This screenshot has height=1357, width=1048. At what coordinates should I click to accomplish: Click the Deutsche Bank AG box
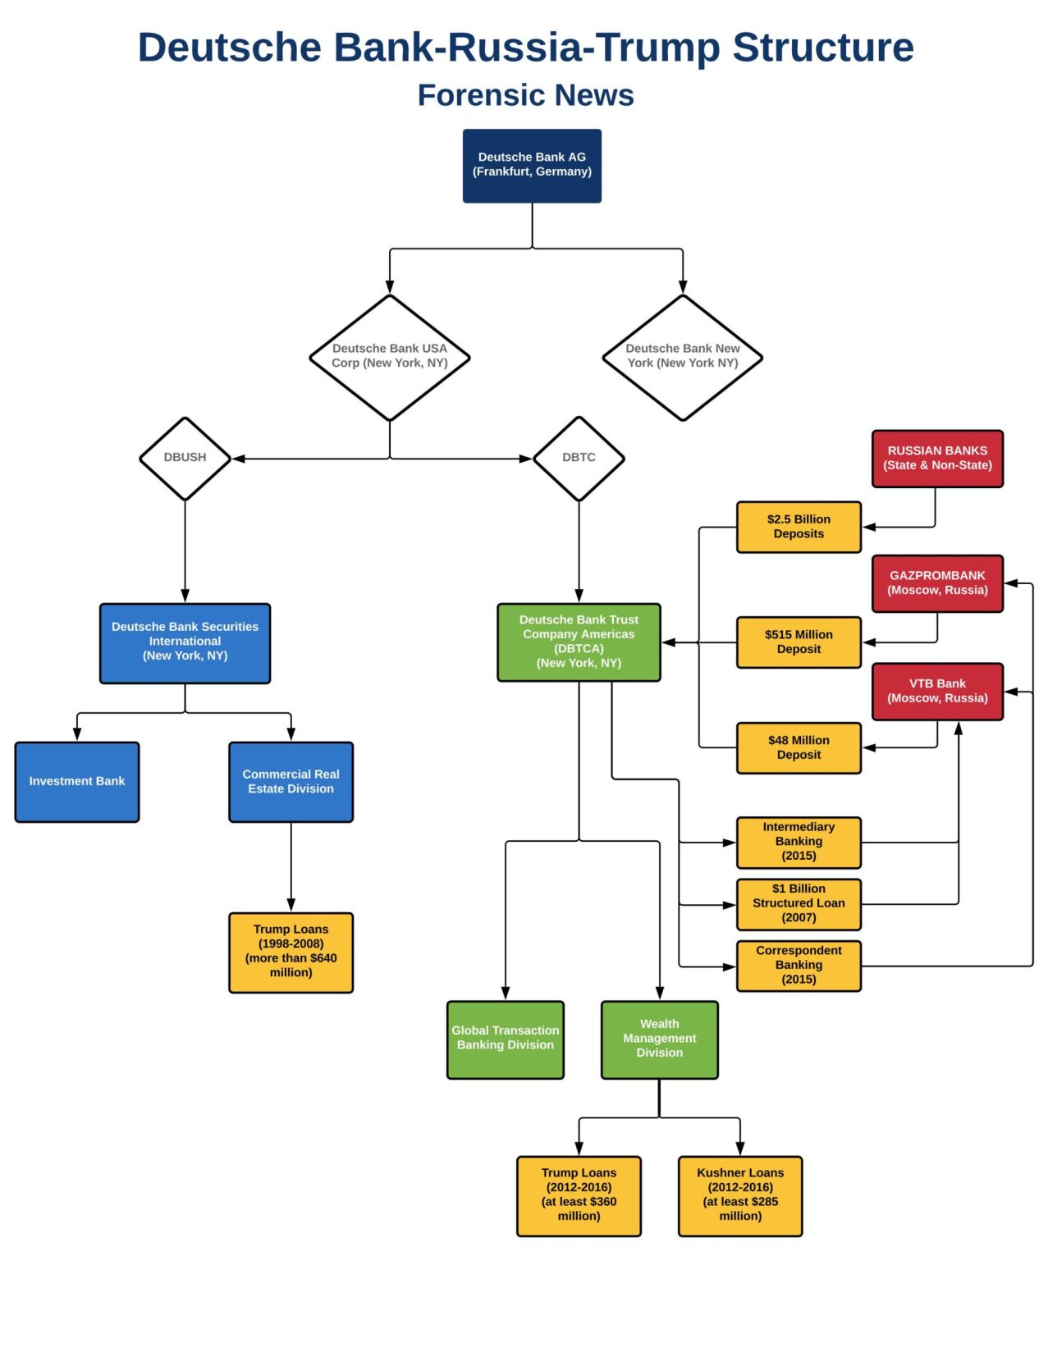pyautogui.click(x=532, y=165)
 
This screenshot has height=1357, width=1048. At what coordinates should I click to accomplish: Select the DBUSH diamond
pyautogui.click(x=185, y=458)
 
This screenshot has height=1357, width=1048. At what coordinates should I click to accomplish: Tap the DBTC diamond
pyautogui.click(x=579, y=458)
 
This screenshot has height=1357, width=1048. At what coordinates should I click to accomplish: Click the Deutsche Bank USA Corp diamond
pyautogui.click(x=389, y=357)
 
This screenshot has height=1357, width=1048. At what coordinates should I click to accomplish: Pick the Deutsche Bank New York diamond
pyautogui.click(x=682, y=357)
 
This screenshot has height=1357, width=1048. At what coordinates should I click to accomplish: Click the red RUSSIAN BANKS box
pyautogui.click(x=937, y=458)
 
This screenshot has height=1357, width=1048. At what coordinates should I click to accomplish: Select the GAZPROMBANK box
pyautogui.click(x=937, y=583)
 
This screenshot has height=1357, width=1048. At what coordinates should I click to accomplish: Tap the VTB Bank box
pyautogui.click(x=937, y=691)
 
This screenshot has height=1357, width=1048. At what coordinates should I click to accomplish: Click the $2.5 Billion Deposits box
pyautogui.click(x=799, y=527)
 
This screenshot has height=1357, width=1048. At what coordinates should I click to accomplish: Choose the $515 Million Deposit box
pyautogui.click(x=799, y=642)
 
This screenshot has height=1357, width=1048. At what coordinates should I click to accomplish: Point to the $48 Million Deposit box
pyautogui.click(x=799, y=747)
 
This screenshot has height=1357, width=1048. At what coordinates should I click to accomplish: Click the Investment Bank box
pyautogui.click(x=77, y=781)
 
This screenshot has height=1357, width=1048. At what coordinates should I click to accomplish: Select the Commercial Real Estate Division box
pyautogui.click(x=291, y=781)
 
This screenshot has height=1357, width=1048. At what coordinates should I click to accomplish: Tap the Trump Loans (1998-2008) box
pyautogui.click(x=291, y=952)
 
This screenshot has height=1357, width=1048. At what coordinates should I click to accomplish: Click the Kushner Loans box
pyautogui.click(x=739, y=1195)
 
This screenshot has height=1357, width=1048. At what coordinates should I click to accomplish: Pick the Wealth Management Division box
pyautogui.click(x=659, y=1039)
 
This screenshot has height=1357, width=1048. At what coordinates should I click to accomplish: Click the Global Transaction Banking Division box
pyautogui.click(x=505, y=1039)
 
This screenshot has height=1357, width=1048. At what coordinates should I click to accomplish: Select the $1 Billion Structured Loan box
pyautogui.click(x=799, y=903)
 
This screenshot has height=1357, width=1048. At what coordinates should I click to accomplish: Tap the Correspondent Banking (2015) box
pyautogui.click(x=799, y=965)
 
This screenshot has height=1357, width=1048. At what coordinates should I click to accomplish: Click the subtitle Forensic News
pyautogui.click(x=525, y=95)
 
